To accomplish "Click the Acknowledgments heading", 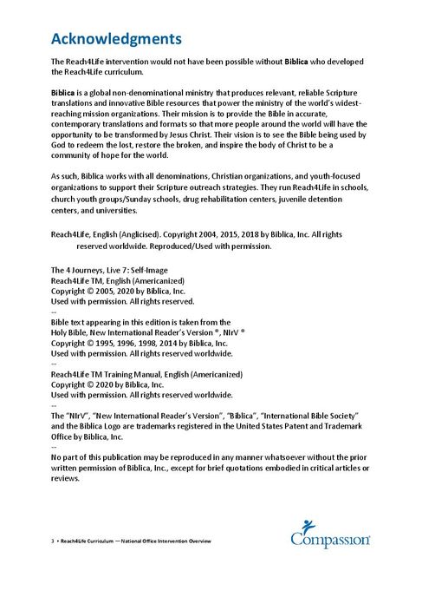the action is pyautogui.click(x=116, y=39).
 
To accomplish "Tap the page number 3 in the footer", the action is pyautogui.click(x=53, y=541).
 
